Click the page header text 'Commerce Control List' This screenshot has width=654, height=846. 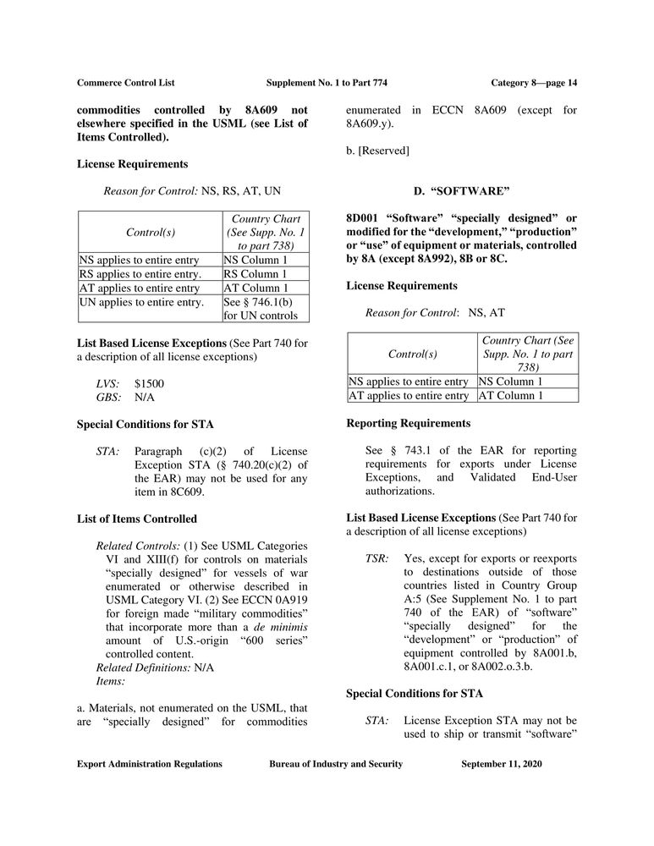click(x=125, y=82)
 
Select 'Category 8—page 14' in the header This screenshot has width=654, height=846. click(x=534, y=82)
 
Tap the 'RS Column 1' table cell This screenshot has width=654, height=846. click(x=256, y=274)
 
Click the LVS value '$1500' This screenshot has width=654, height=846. click(x=150, y=383)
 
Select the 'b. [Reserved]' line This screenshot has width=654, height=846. click(x=378, y=150)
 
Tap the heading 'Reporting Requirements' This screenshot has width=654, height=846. click(x=409, y=423)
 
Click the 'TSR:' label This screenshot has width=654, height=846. click(x=376, y=560)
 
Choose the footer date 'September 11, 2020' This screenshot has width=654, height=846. click(x=502, y=764)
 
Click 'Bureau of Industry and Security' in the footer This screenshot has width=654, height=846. click(x=336, y=764)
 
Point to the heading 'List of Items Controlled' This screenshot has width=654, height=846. click(x=137, y=518)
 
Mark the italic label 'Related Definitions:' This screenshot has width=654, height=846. click(x=145, y=667)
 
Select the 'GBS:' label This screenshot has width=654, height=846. click(x=108, y=397)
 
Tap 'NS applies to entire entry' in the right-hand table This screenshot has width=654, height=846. click(x=409, y=382)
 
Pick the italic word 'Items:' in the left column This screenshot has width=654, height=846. click(x=112, y=680)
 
